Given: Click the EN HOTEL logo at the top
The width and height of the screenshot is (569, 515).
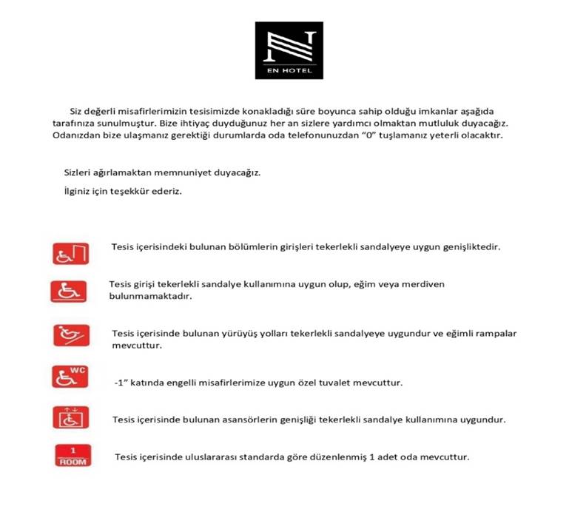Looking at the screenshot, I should [289, 50].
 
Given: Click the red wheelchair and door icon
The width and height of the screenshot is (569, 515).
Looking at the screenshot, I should [70, 253].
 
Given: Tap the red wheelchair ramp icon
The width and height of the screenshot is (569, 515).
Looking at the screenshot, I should [70, 334].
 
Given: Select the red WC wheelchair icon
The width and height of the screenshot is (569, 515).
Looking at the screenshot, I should [70, 375].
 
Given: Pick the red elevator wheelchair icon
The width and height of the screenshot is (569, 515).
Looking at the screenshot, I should [70, 417].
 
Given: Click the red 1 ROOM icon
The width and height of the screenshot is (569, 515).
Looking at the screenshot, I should [73, 455].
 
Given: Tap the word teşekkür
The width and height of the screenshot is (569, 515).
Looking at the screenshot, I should [131, 192].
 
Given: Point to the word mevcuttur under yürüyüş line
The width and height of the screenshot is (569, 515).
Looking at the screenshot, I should [136, 345].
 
